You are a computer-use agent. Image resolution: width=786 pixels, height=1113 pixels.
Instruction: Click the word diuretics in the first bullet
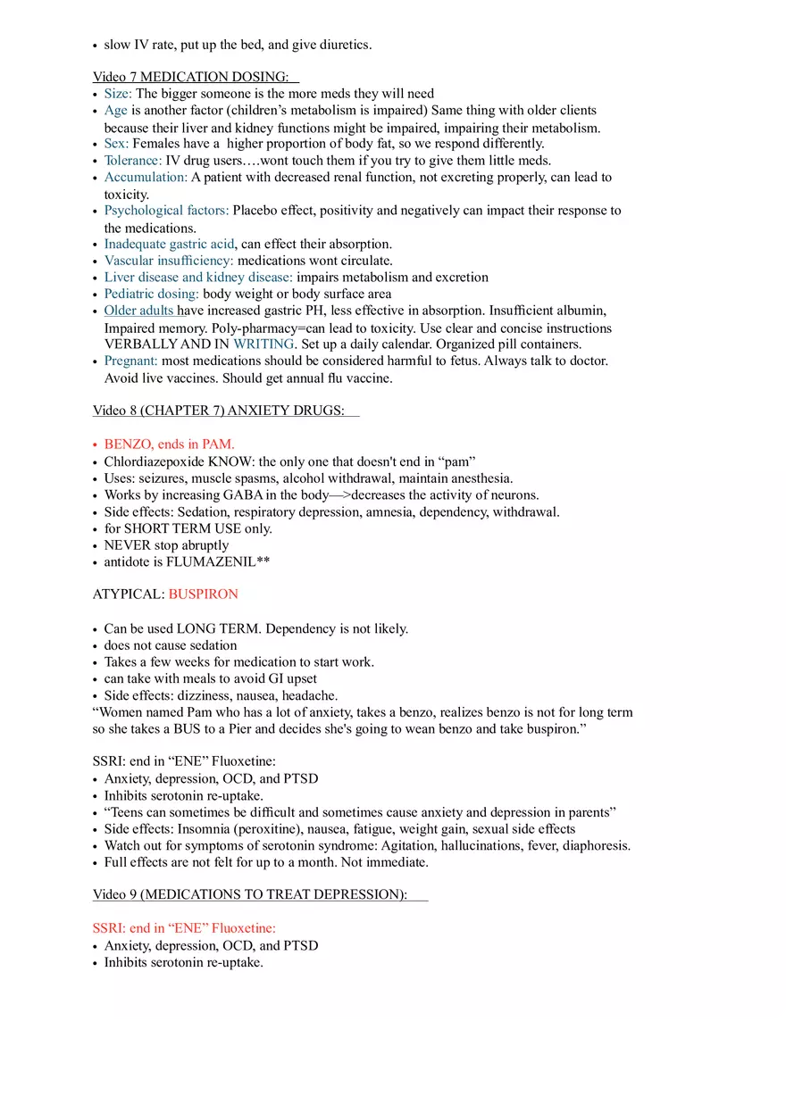click(342, 45)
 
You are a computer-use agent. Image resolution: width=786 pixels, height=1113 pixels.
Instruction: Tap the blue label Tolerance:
click(133, 161)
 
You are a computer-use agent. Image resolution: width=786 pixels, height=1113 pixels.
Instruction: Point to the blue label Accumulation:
click(146, 177)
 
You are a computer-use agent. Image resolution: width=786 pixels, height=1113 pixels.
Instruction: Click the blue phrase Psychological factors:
click(166, 211)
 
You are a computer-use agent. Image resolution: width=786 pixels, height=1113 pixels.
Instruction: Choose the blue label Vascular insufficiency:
click(169, 261)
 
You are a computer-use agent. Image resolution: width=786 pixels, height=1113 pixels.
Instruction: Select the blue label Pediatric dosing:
click(152, 294)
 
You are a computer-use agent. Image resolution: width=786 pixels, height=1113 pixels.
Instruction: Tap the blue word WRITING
click(263, 344)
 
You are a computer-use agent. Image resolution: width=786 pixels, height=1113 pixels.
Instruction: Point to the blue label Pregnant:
click(130, 361)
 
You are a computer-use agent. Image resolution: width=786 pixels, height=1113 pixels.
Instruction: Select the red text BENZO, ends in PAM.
click(169, 444)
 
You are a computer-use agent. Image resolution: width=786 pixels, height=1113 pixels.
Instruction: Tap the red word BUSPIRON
click(203, 594)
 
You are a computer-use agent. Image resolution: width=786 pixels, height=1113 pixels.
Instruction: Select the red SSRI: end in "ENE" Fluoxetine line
click(184, 928)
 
